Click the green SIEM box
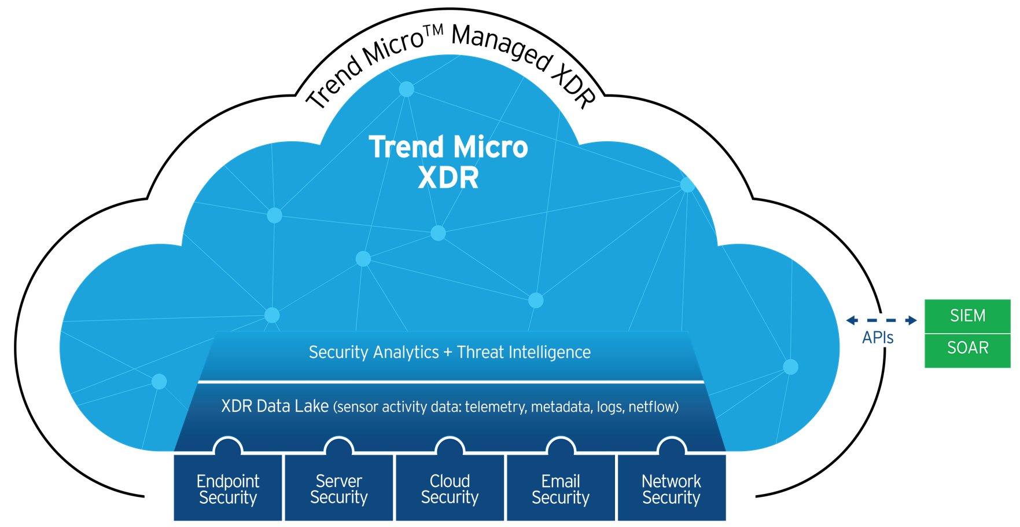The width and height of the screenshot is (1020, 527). (x=967, y=316)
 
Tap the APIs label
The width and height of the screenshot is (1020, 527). (x=878, y=338)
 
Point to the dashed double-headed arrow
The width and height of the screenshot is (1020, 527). (x=882, y=320)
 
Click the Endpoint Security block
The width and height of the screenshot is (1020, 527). (x=228, y=488)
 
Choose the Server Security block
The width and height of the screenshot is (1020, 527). (x=339, y=488)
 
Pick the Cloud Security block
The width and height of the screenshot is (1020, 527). (x=450, y=488)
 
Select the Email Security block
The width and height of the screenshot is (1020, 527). (x=561, y=488)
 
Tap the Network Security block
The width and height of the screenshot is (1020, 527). (x=672, y=488)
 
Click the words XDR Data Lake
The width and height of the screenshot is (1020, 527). (x=275, y=406)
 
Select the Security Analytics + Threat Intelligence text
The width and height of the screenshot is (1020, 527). (x=450, y=352)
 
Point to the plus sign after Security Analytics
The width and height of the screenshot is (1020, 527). (x=448, y=353)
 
